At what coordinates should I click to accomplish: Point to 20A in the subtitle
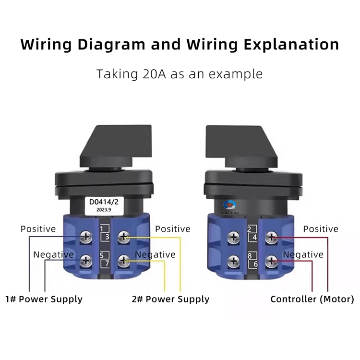point(146,74)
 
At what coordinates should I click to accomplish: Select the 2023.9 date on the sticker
point(106,209)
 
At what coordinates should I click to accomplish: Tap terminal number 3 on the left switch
point(108,237)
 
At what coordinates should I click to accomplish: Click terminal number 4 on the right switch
point(255,237)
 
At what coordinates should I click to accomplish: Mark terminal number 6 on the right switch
point(255,264)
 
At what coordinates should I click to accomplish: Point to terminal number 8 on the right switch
point(250,257)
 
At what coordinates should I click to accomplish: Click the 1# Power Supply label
point(44,299)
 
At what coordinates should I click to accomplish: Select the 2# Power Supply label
point(171,299)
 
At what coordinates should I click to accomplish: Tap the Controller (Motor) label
point(312,299)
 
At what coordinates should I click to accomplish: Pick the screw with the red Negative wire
point(272,261)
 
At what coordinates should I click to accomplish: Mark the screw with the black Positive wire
point(86,236)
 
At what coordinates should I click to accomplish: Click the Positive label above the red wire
point(321,229)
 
